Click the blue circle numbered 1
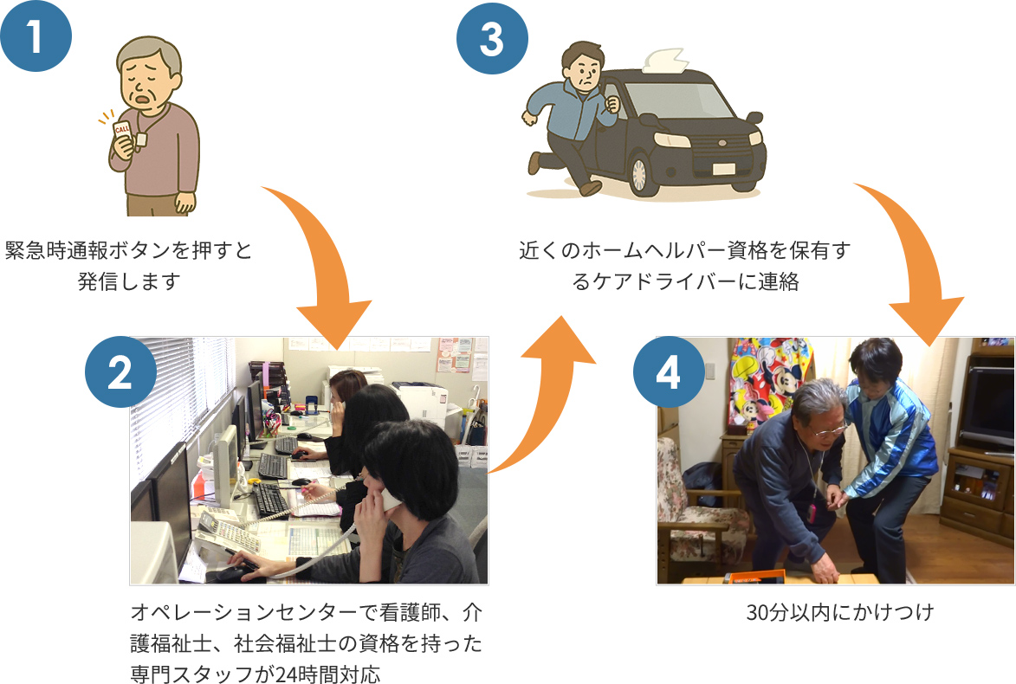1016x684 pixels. [36, 37]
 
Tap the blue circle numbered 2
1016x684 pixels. [120, 372]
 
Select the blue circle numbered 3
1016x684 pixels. [492, 39]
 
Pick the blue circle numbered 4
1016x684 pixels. [669, 372]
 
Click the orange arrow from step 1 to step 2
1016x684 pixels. [320, 260]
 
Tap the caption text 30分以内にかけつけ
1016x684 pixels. [839, 613]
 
